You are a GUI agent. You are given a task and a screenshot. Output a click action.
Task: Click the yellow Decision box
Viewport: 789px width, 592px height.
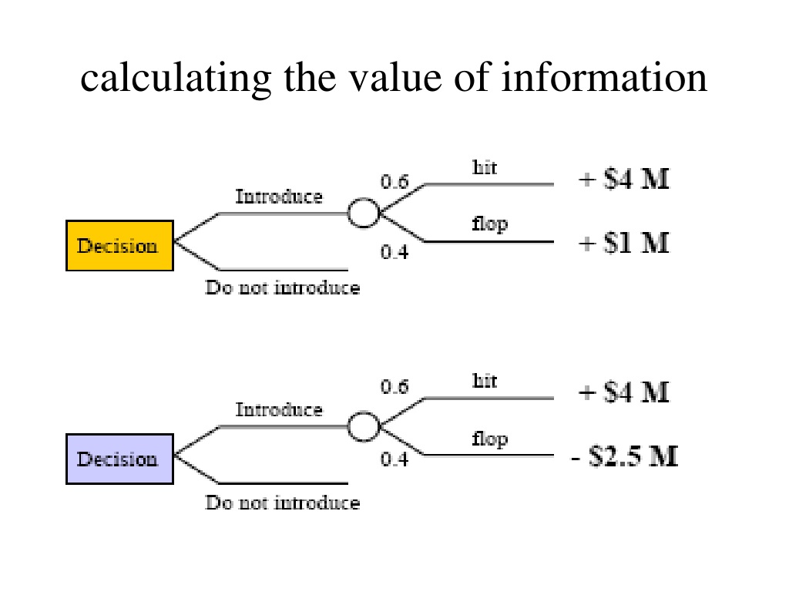coord(119,246)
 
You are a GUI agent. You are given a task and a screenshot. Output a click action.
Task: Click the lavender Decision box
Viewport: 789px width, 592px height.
coord(119,459)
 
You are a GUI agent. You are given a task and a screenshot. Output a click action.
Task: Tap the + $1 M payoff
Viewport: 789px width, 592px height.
coord(624,243)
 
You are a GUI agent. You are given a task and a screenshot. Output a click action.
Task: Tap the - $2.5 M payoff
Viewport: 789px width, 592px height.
coord(624,456)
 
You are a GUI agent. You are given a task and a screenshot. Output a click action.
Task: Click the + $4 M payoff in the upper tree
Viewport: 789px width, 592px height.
coord(624,179)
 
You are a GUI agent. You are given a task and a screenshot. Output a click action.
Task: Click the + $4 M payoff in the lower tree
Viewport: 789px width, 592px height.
coord(624,392)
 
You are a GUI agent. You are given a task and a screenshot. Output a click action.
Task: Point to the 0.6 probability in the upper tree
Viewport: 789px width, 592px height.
coord(394,181)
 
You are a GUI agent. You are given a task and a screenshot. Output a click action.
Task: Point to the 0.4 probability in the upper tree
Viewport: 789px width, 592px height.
coord(394,252)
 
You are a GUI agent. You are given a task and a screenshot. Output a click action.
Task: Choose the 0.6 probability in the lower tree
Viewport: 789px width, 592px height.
coord(394,387)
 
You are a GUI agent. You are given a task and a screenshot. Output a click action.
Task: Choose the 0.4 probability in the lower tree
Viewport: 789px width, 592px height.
coord(394,459)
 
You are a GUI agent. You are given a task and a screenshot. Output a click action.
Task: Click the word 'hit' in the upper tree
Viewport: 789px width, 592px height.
coord(485,167)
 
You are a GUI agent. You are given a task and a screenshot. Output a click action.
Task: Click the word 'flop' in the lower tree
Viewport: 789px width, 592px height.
coord(489,439)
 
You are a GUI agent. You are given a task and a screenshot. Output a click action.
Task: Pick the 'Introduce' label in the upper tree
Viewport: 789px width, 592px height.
coord(279,197)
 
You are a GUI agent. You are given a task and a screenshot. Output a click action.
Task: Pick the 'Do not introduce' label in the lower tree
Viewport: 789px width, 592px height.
coord(282,503)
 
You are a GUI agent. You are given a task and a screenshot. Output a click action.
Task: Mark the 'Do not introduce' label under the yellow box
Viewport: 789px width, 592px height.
coord(282,288)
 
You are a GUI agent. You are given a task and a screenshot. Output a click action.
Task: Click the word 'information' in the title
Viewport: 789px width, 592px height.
coord(604,78)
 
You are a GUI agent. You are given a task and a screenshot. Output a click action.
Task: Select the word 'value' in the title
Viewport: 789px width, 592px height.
coord(395,78)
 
